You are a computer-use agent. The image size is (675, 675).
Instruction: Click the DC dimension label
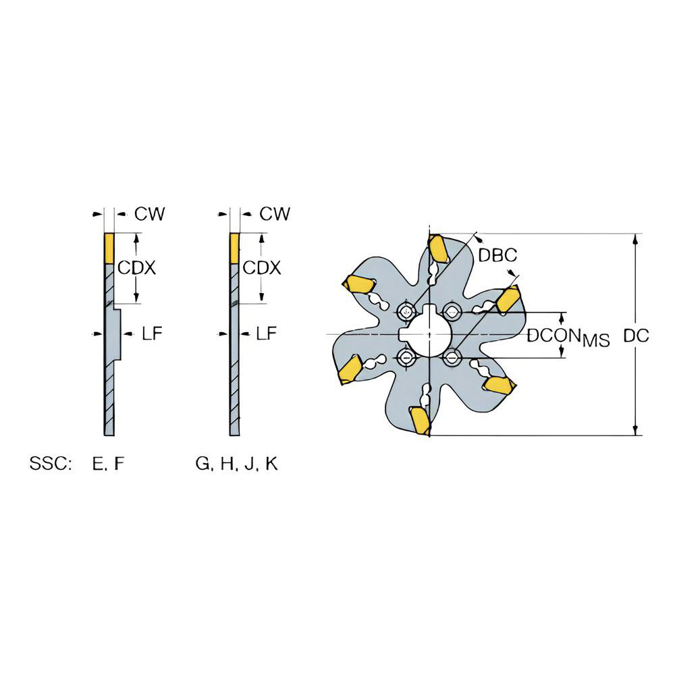point(637,335)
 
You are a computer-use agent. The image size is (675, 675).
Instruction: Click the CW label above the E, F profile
point(149,214)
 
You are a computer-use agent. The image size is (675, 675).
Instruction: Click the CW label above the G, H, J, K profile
point(275,214)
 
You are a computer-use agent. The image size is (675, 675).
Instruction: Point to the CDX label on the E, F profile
point(137,268)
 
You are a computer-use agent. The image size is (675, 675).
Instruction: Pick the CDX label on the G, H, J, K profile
point(261,268)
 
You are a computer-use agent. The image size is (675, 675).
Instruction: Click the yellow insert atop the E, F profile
point(109,248)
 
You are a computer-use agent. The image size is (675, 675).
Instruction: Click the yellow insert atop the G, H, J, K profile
point(234,248)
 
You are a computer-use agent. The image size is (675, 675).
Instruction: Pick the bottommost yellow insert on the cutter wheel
point(421,421)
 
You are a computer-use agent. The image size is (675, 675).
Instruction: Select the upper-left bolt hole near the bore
point(406,310)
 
